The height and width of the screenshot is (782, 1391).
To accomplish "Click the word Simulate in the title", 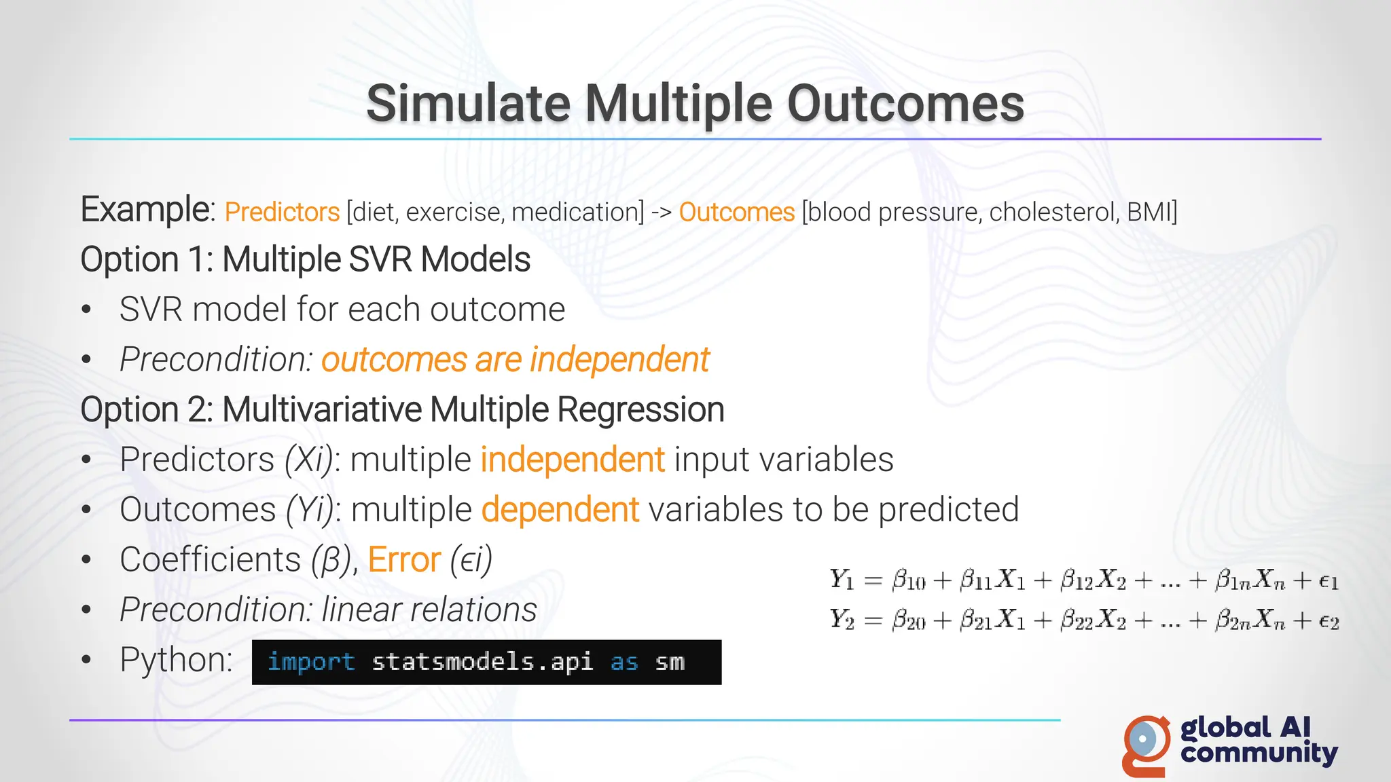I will [468, 104].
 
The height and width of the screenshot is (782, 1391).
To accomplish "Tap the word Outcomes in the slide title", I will [905, 104].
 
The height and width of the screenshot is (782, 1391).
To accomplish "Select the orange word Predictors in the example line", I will [282, 212].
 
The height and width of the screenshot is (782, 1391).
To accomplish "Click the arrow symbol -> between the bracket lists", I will [661, 213].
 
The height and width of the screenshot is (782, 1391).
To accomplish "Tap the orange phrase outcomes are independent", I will [515, 360].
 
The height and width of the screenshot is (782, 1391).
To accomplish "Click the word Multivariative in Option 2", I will [322, 410].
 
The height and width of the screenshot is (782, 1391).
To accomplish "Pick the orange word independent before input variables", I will [572, 460].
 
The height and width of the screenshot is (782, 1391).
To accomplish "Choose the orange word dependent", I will [560, 510].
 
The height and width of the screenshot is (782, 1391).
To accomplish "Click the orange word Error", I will [404, 560].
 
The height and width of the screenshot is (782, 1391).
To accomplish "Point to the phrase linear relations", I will [429, 610].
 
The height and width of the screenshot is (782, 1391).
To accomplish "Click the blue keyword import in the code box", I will [311, 662].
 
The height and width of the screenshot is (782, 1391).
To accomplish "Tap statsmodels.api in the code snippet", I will [482, 662].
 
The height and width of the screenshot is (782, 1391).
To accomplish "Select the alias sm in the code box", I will [669, 662].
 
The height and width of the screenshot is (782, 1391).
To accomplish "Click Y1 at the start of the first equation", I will [841, 580].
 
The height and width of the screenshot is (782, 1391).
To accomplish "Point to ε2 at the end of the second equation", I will [1328, 620].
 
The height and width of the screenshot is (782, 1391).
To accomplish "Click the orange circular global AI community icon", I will [1146, 745].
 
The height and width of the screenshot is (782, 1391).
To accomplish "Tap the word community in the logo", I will [1259, 753].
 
